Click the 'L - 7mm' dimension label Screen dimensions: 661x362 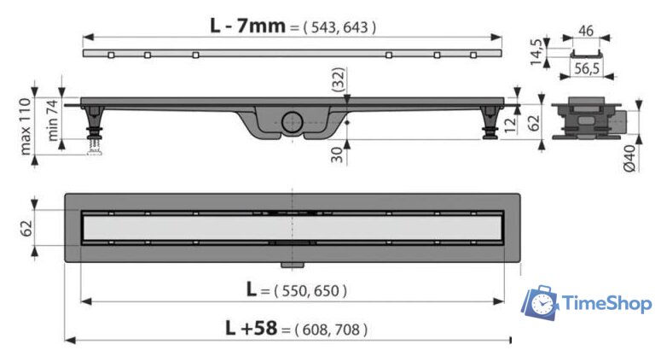click(248, 26)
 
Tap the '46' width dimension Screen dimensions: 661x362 click(586, 31)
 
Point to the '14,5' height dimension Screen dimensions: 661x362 click(536, 52)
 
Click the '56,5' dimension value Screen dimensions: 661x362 click(587, 68)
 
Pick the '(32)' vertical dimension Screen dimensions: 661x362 click(338, 79)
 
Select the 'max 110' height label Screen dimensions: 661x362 click(26, 126)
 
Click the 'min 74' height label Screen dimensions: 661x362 click(52, 120)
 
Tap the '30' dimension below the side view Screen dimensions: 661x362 click(337, 155)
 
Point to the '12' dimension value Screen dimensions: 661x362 click(510, 125)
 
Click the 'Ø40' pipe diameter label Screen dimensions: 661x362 click(629, 158)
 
